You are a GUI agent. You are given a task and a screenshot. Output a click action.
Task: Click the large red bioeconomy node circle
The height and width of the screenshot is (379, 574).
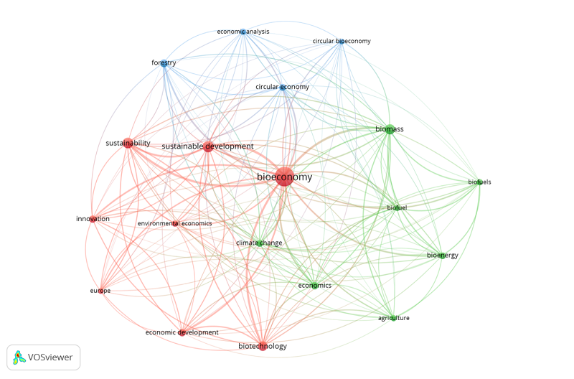(x=284, y=177)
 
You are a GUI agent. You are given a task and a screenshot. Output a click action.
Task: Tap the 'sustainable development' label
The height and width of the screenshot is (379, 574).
(x=207, y=146)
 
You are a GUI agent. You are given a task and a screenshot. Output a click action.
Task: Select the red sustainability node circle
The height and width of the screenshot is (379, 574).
(x=128, y=143)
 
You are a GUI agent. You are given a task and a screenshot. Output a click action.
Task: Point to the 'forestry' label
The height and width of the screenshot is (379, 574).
(x=164, y=63)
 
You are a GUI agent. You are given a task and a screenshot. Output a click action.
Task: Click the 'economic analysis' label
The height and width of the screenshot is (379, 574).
(x=243, y=32)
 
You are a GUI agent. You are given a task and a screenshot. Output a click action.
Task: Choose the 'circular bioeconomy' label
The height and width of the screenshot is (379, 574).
(x=342, y=41)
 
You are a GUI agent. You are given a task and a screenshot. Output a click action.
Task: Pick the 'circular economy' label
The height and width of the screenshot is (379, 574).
(x=282, y=87)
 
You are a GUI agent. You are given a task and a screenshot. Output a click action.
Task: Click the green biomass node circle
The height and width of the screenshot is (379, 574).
(x=390, y=129)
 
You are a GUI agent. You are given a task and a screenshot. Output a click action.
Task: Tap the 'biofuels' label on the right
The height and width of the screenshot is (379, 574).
(x=479, y=182)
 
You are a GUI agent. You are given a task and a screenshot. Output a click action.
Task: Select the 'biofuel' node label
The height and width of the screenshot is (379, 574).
(x=397, y=208)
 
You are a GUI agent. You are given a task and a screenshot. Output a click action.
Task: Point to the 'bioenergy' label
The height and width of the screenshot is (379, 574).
(x=442, y=256)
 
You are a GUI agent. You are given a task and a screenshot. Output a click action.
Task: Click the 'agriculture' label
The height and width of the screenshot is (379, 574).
(x=394, y=318)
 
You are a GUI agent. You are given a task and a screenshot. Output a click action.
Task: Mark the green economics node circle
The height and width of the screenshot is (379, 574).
(x=314, y=286)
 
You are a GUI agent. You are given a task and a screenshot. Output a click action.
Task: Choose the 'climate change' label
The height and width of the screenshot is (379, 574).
(x=259, y=243)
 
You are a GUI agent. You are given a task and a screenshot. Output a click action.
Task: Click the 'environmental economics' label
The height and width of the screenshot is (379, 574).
(x=175, y=223)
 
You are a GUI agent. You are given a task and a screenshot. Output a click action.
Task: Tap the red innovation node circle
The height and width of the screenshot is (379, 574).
(x=93, y=219)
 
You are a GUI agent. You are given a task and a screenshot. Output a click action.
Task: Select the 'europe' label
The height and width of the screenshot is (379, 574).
(x=100, y=291)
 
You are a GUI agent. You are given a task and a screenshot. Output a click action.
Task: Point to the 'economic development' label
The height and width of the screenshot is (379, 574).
(x=182, y=332)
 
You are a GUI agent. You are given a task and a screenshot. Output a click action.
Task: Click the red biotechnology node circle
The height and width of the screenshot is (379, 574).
(x=263, y=346)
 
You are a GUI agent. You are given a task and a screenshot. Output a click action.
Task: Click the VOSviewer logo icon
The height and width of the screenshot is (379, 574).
(x=19, y=357)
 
